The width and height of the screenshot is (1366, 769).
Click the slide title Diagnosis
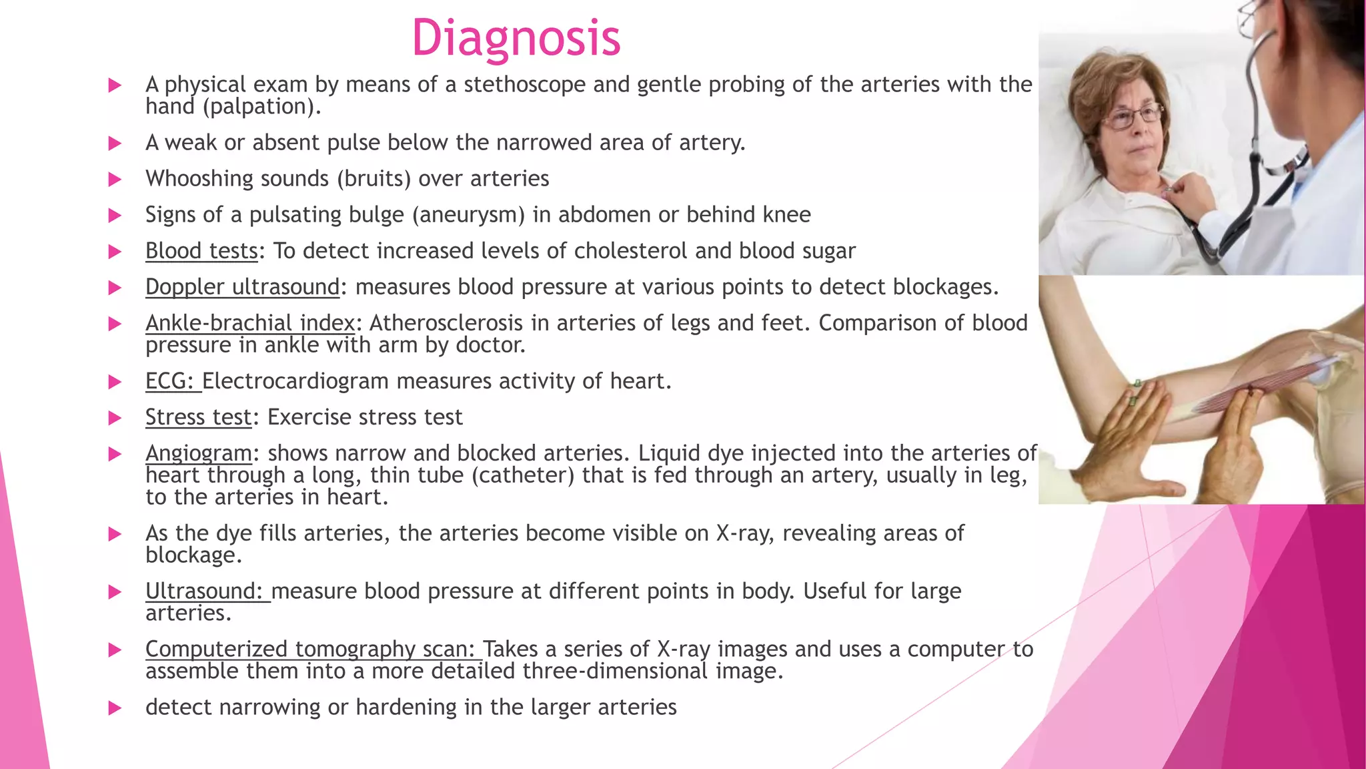tap(516, 37)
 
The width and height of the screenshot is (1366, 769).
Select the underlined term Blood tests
tap(201, 251)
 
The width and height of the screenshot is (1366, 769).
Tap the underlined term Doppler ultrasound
tap(243, 287)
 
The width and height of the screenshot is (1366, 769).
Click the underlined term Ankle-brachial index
tap(250, 323)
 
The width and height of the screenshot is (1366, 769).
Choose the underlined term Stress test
tap(199, 417)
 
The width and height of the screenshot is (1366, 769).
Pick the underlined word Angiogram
tap(199, 453)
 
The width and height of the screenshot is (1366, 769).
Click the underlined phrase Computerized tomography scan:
tap(310, 649)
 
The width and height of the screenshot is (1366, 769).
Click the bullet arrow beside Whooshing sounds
tap(115, 180)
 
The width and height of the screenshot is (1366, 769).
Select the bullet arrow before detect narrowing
tap(115, 708)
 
